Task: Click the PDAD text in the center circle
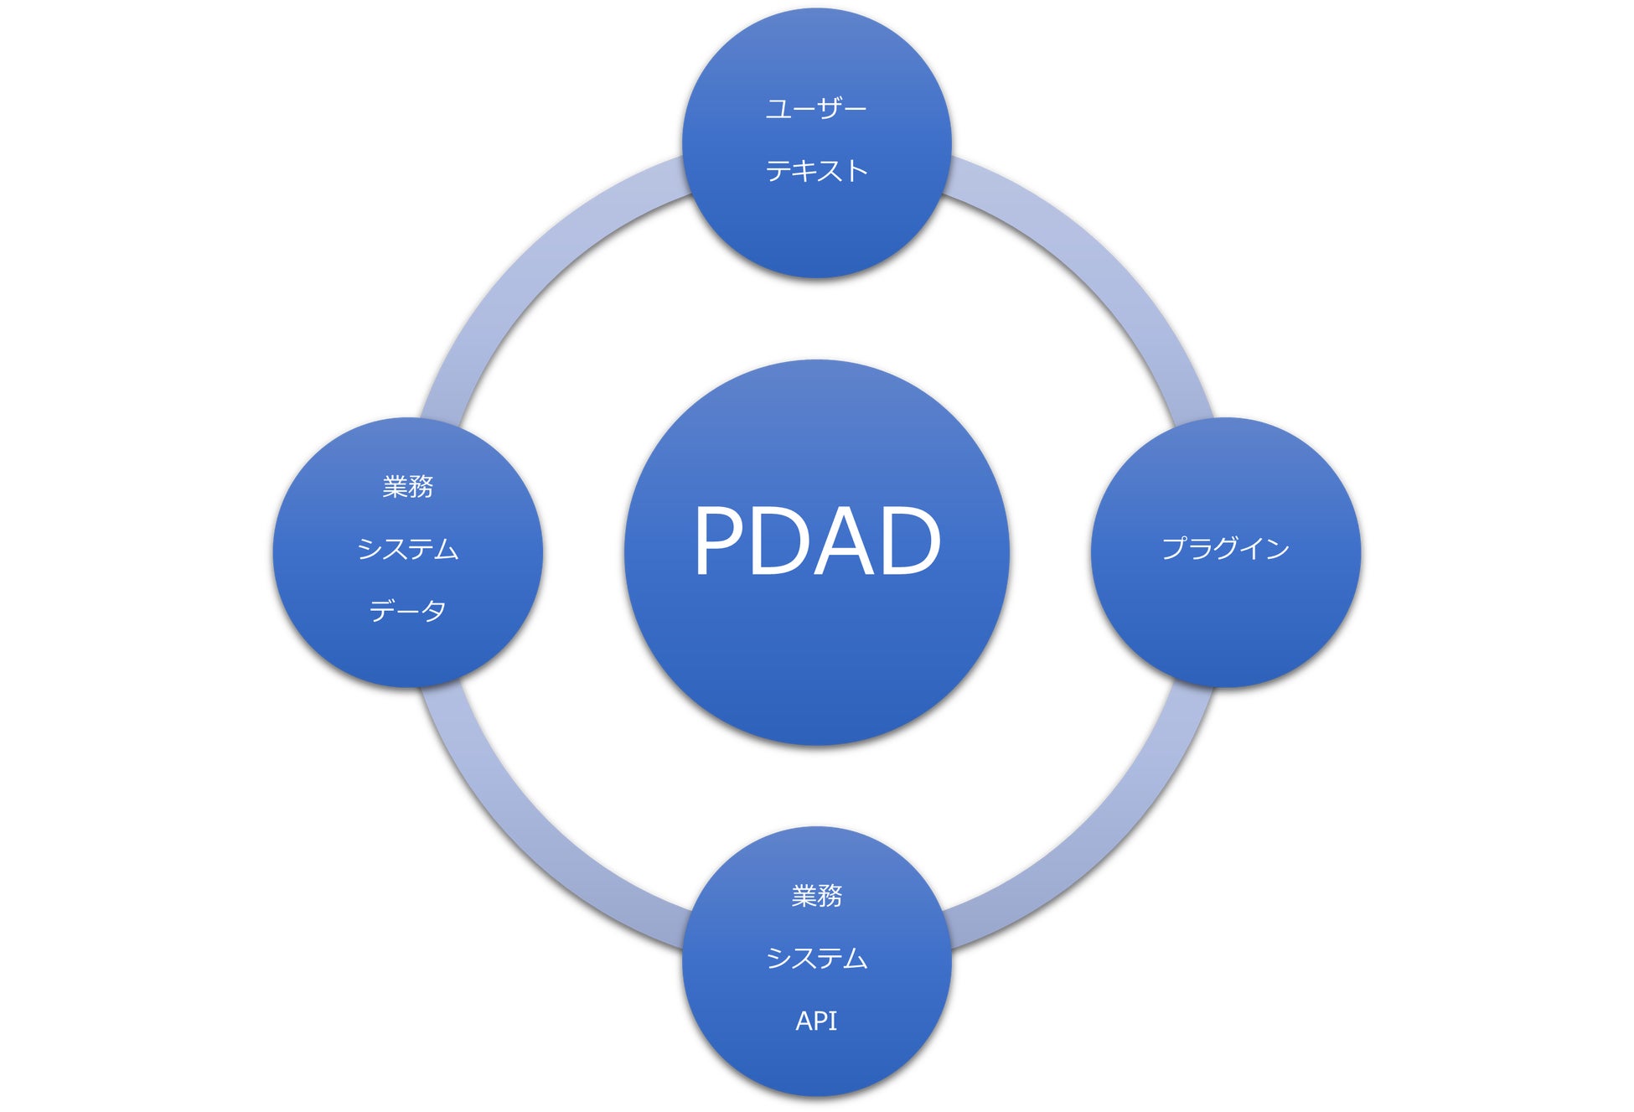tap(817, 541)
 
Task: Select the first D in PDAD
tap(782, 541)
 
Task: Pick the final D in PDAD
tap(908, 541)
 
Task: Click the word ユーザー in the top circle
tap(816, 109)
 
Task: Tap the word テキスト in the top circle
tap(816, 171)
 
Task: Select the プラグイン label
tap(1225, 549)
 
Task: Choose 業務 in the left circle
tap(408, 486)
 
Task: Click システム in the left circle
tap(408, 549)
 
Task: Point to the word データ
tap(408, 611)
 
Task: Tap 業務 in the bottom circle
tap(817, 896)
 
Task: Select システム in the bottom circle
tap(817, 958)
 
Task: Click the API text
tap(816, 1021)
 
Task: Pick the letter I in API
tap(833, 1021)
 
